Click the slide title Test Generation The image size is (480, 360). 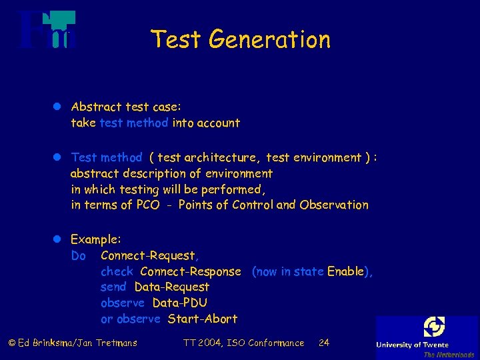tap(240, 39)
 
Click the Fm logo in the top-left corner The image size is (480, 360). tap(47, 30)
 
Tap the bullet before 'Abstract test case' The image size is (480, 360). tap(58, 107)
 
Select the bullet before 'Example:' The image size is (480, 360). tap(58, 239)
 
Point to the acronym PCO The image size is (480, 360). tap(147, 205)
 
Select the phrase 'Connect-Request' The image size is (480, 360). tap(148, 255)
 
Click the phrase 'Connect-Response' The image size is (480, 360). tap(191, 271)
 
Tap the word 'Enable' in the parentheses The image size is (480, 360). tap(345, 271)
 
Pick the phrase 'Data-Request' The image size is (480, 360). tap(171, 287)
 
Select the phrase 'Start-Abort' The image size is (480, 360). tap(202, 319)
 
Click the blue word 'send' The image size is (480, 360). tap(113, 287)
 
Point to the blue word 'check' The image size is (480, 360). tap(117, 271)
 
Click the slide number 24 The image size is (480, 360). tap(324, 343)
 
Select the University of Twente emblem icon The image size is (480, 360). tap(434, 327)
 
